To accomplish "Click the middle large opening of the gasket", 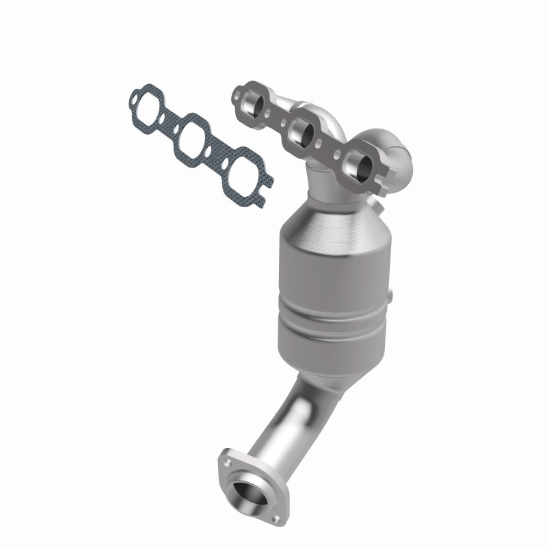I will click(x=194, y=139).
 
